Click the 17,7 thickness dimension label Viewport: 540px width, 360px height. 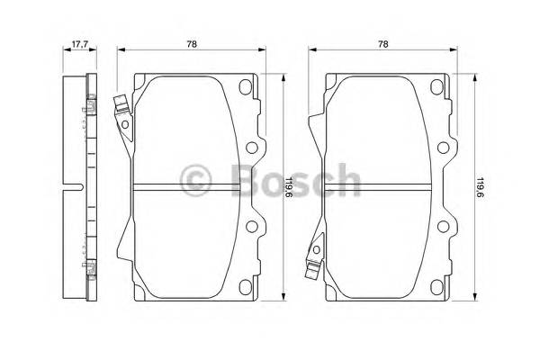click(80, 44)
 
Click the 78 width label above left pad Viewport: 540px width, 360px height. click(192, 44)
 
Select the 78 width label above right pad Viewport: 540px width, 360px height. click(383, 44)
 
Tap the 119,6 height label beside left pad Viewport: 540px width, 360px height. click(289, 187)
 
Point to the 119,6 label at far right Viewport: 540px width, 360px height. click(481, 187)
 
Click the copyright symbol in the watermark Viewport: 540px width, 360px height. click(195, 180)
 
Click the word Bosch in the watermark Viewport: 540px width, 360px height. click(295, 180)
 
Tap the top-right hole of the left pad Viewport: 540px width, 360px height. click(245, 86)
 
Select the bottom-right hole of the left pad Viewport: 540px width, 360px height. click(245, 287)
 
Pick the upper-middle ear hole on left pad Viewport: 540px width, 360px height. click(252, 148)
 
